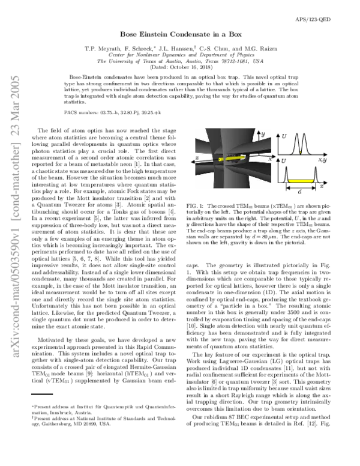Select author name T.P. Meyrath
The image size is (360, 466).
103,49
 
